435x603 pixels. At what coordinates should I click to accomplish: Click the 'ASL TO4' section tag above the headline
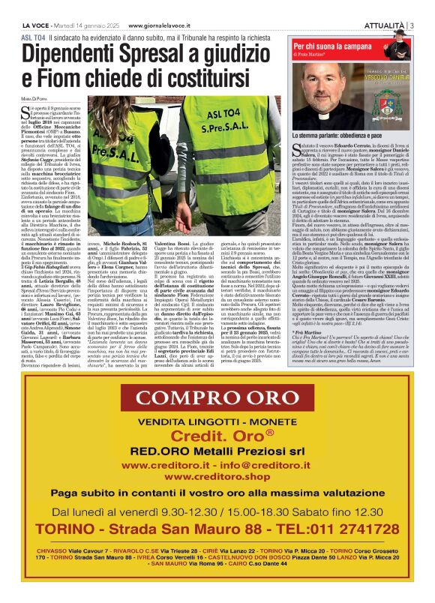point(33,35)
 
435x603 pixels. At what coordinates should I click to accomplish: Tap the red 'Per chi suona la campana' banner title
point(338,45)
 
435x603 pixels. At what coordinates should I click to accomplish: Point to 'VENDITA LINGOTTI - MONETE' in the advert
point(217,423)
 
